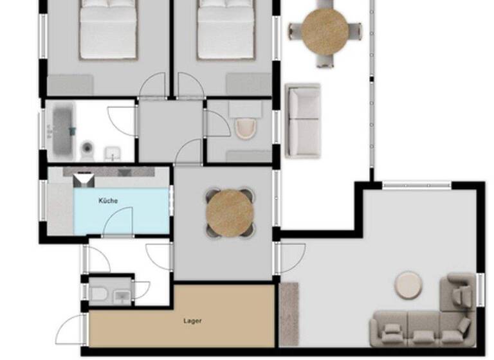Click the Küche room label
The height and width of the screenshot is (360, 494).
(108, 201)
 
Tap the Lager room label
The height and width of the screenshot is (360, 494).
(192, 320)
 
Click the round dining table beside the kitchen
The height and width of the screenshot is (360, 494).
(229, 211)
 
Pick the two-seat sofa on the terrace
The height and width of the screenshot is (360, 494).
(303, 120)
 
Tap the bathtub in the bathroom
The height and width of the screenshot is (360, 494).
(62, 130)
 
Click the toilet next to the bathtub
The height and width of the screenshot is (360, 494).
(87, 150)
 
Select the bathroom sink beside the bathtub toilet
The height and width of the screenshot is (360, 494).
(113, 154)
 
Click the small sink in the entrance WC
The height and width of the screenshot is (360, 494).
(122, 296)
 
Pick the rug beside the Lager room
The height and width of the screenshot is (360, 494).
(289, 312)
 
